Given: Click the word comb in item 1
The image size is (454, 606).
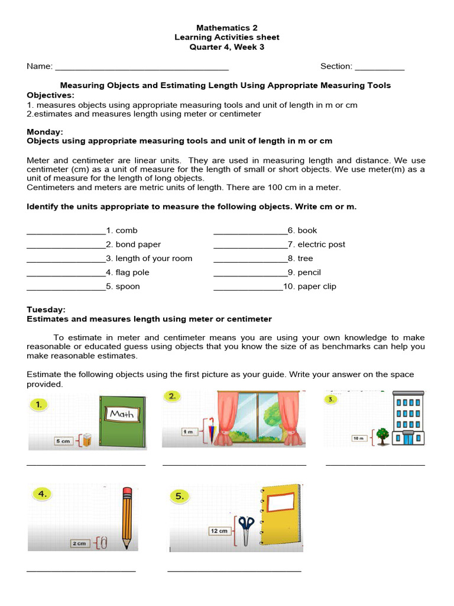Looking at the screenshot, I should pyautogui.click(x=127, y=230).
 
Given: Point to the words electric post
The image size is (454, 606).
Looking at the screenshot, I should pyautogui.click(x=321, y=244).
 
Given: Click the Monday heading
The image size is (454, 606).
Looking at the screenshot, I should pyautogui.click(x=45, y=132).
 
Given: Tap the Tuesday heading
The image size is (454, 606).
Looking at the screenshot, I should pyautogui.click(x=46, y=310).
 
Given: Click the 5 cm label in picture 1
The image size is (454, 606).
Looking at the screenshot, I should pyautogui.click(x=63, y=441).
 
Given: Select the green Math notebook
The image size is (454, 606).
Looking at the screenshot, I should pyautogui.click(x=122, y=422).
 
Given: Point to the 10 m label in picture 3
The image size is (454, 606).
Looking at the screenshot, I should pyautogui.click(x=359, y=439).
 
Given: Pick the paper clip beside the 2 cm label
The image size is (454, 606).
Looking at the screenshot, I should pyautogui.click(x=103, y=542).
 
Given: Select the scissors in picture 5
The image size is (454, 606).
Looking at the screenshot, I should pyautogui.click(x=246, y=530).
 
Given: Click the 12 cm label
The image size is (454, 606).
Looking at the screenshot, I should pyautogui.click(x=218, y=531).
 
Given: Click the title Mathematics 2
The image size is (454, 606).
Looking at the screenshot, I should pyautogui.click(x=226, y=28).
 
